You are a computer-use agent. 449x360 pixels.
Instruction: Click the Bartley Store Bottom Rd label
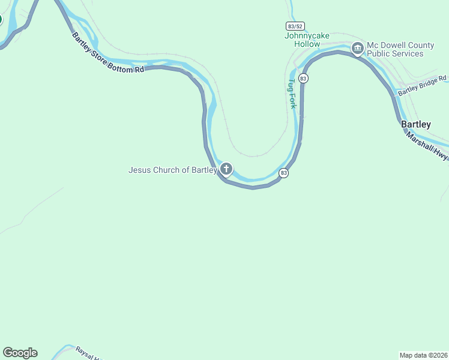pos(108,53)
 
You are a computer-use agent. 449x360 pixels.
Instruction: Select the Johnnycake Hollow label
pos(307,40)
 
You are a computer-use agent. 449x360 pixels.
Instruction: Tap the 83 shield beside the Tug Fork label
pos(303,79)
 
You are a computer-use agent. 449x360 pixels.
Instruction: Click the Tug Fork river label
pos(292,93)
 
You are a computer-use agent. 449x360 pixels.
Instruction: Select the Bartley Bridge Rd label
pos(423,85)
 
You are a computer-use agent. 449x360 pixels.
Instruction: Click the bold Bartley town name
pos(415,124)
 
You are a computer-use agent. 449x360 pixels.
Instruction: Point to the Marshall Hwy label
pos(427,146)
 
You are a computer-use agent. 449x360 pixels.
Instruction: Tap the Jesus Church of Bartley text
pos(172,170)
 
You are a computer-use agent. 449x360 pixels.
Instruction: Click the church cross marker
pos(226,169)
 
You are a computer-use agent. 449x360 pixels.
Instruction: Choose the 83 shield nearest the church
pos(284,173)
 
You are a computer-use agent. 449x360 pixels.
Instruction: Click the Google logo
pos(20,353)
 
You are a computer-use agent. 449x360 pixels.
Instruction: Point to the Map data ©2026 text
pos(423,355)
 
